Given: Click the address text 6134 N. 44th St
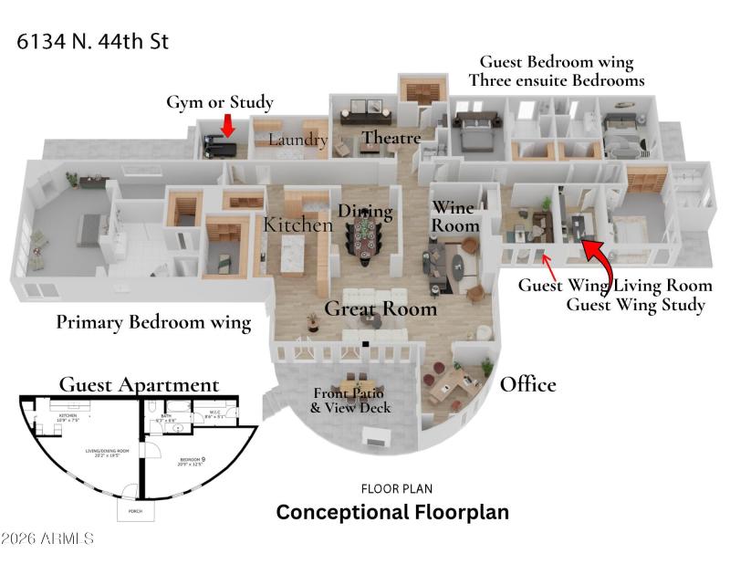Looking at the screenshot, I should click(x=92, y=41).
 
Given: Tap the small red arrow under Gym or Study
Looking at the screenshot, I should click(x=227, y=125).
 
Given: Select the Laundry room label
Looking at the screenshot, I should click(x=297, y=140).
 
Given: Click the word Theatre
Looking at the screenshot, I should click(x=391, y=138).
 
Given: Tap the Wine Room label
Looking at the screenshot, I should click(x=454, y=216).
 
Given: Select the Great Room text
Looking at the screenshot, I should click(x=381, y=308).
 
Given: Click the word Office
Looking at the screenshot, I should click(x=527, y=384).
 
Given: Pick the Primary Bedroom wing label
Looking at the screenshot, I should click(x=153, y=321).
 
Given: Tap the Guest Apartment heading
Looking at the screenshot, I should click(x=139, y=384).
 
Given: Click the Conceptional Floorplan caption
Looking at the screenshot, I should click(x=392, y=512).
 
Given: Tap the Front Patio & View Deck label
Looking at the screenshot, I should click(x=350, y=401).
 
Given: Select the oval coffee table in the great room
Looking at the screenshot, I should click(x=457, y=267).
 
